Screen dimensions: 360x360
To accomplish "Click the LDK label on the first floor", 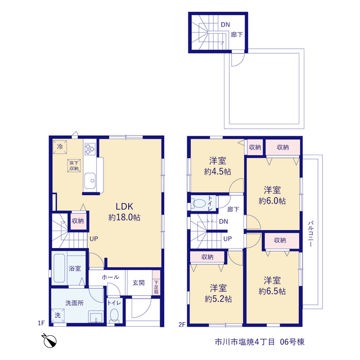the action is pos(124,206).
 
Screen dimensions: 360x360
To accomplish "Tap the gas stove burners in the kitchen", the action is pos(90,148).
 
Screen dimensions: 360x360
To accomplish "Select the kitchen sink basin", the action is pos(90,181).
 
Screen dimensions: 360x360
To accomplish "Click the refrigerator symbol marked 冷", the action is pos(60,147).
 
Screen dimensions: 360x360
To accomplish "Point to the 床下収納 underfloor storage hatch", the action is pos(74,165).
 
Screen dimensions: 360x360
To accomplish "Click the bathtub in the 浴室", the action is pos(59,268).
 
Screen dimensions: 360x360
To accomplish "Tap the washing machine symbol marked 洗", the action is pos(57,316).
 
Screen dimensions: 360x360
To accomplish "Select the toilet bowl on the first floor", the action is pos(114,315).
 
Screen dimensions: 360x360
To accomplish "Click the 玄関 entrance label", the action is pos(138,283).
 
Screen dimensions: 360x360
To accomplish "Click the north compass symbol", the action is pos(50,341).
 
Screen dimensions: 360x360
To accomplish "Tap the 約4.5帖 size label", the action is pos(218,172).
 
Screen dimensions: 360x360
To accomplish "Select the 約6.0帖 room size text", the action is pos(272,201).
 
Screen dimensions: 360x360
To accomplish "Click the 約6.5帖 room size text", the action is pos(272,291).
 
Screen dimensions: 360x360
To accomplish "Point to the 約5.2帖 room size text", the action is pos(218,299).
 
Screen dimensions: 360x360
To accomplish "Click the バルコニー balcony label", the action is pos(310,234).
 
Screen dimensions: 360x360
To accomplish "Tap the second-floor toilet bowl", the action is pos(199,204).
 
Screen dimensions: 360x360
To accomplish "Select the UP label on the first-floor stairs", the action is pos(94,238).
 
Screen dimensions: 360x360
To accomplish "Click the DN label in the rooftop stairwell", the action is pos(225,25).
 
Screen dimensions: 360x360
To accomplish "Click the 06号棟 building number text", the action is pos(292,342).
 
